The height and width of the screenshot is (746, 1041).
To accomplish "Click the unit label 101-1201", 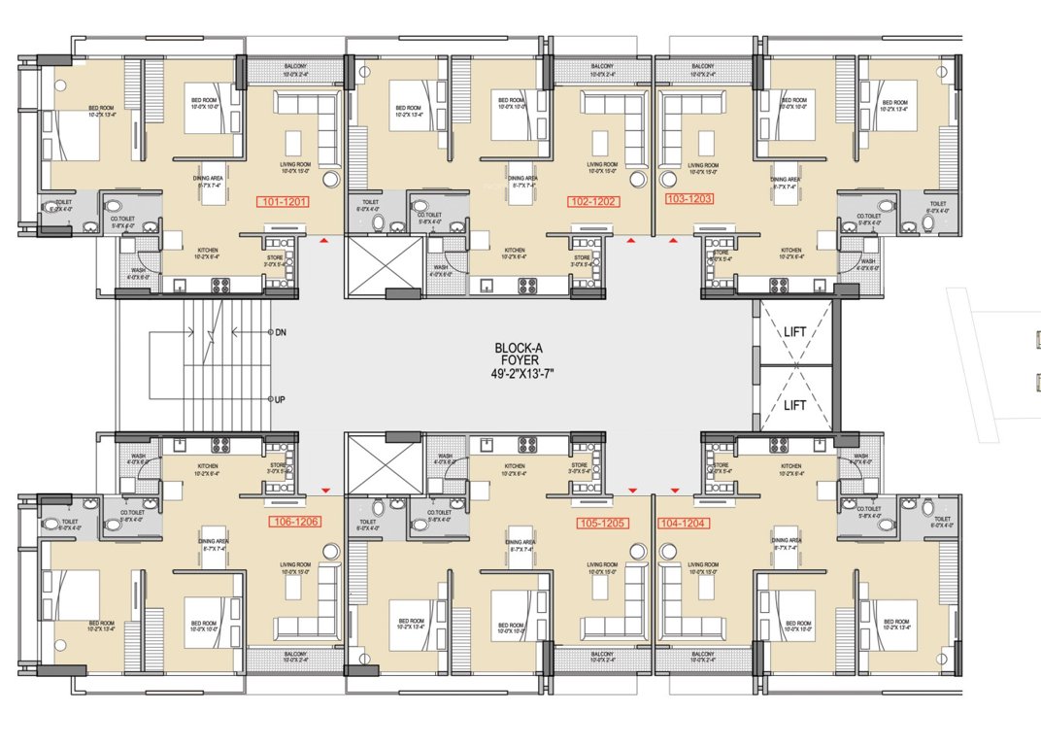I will [282, 202].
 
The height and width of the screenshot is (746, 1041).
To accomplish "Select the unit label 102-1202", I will [593, 201].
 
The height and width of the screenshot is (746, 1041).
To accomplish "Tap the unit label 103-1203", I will [689, 198].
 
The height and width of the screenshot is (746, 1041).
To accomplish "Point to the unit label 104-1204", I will [685, 523].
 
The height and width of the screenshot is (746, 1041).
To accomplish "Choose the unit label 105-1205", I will [602, 523].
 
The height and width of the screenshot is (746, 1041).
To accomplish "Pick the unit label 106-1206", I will [293, 522].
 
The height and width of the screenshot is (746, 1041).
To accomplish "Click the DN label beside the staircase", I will [281, 331].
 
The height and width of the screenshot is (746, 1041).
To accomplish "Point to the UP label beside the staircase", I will [281, 399].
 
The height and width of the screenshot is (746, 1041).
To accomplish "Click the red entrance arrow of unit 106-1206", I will [325, 491].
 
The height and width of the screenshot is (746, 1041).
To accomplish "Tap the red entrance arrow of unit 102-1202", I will [631, 237].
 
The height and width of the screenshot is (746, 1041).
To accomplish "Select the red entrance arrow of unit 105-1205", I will [632, 491].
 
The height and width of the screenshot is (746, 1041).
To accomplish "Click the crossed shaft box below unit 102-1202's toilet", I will [385, 262].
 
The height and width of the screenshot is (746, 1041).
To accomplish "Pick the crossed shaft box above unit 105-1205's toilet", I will [385, 464].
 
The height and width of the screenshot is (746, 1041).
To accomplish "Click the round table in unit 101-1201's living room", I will [330, 179].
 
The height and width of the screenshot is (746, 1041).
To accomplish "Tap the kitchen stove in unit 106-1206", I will [219, 446].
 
